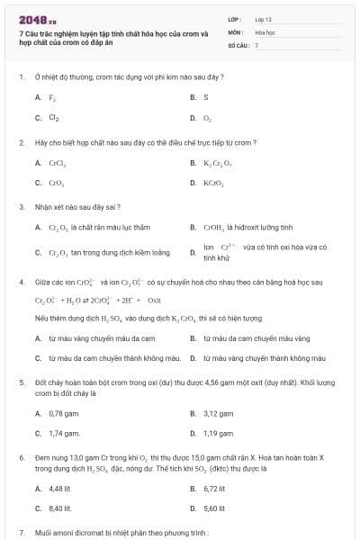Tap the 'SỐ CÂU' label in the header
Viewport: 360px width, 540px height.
pos(237,44)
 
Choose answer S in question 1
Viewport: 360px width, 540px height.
pos(205,97)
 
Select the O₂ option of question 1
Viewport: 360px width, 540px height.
pos(207,118)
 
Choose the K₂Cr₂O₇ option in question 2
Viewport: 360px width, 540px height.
pos(216,163)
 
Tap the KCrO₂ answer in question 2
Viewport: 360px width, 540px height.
pos(212,183)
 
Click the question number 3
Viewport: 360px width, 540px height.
pos(21,207)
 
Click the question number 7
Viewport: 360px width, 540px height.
pos(21,532)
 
